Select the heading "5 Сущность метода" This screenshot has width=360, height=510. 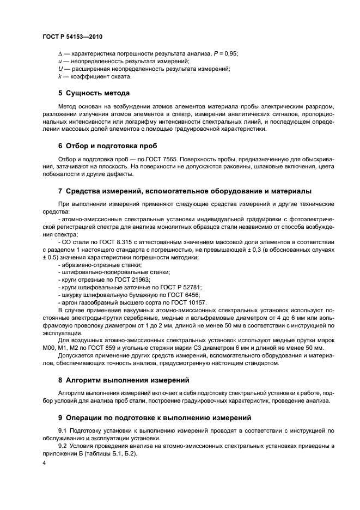pos(94,93)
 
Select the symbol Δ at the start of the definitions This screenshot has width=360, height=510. pos(60,53)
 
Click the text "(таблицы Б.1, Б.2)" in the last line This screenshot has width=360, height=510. pos(107,453)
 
